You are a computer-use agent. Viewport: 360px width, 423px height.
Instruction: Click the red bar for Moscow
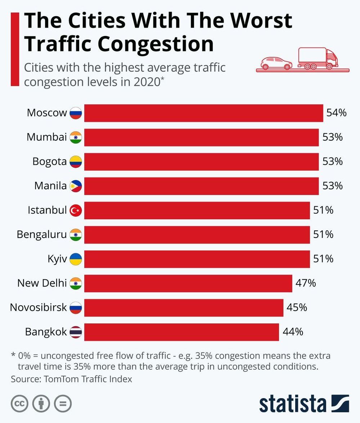tap(203, 113)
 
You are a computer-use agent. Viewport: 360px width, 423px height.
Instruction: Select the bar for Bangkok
tap(181, 332)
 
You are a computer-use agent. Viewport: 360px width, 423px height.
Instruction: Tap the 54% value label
tap(336, 113)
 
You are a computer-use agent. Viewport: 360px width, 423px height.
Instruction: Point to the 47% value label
tap(306, 283)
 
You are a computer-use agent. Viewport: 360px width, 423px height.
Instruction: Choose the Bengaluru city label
tap(42, 235)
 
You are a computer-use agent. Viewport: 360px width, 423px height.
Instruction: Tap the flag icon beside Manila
tap(76, 186)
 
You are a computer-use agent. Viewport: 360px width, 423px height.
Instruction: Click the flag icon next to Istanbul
tap(76, 210)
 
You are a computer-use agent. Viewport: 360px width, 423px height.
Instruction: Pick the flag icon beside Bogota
tap(76, 162)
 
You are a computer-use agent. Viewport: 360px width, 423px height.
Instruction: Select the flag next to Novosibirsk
tap(76, 307)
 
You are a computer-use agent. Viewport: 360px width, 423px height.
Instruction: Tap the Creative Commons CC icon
tap(19, 404)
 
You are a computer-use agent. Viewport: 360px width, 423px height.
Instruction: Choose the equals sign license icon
tap(63, 404)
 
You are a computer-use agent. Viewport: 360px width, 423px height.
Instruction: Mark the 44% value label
tap(292, 332)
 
